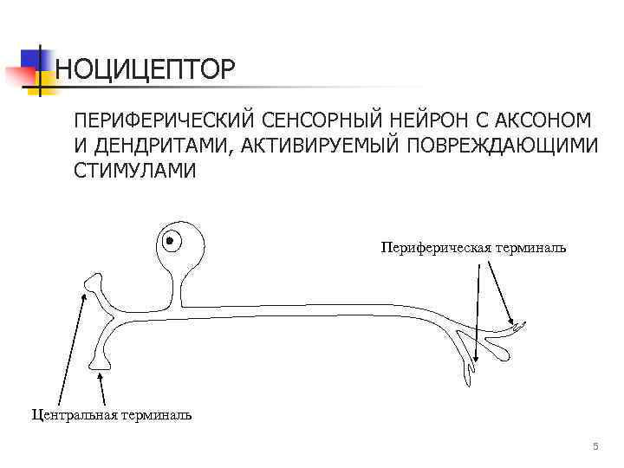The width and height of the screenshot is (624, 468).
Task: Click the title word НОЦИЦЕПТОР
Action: point(145,70)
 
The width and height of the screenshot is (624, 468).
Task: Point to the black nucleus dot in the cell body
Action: point(171,240)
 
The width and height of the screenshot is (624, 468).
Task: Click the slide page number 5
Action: point(595,446)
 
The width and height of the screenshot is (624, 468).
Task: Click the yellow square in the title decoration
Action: point(42,83)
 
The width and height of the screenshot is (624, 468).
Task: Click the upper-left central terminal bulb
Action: point(93,282)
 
